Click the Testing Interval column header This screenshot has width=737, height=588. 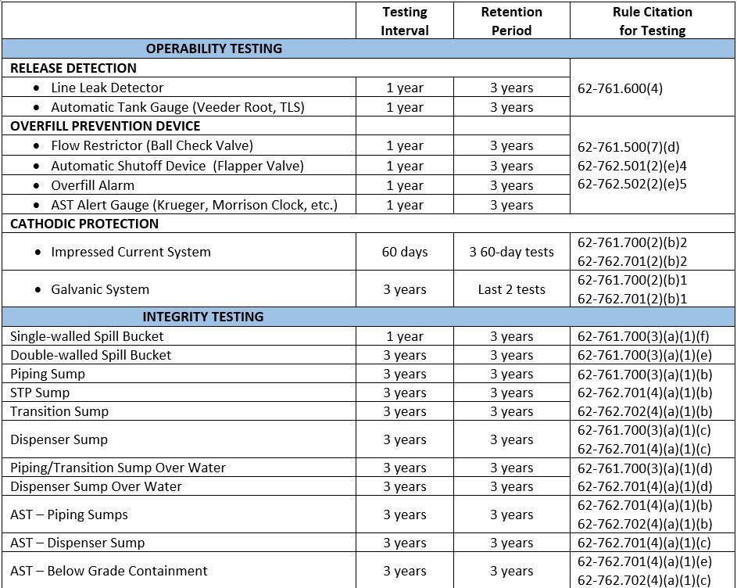405,21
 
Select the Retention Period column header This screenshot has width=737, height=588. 511,21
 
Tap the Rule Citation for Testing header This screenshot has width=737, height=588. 652,21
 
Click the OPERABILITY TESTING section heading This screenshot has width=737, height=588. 213,48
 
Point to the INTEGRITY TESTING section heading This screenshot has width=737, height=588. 202,317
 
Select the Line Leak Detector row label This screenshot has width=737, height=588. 107,88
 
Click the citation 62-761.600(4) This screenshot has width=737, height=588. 620,88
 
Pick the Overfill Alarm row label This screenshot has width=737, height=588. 92,185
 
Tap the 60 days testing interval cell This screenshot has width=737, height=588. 405,252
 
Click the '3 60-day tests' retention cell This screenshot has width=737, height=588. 511,252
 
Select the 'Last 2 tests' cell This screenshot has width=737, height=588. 511,289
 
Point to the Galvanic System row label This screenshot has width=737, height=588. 99,289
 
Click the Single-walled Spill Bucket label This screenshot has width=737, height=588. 87,336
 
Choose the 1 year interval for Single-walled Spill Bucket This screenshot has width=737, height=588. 405,336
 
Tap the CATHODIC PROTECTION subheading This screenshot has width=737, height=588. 84,224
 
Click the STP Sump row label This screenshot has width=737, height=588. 40,393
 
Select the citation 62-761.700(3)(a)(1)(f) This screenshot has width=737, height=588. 644,336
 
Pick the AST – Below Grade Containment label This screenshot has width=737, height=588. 109,571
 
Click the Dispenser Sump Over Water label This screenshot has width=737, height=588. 95,486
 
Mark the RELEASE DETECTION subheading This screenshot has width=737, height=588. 73,68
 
